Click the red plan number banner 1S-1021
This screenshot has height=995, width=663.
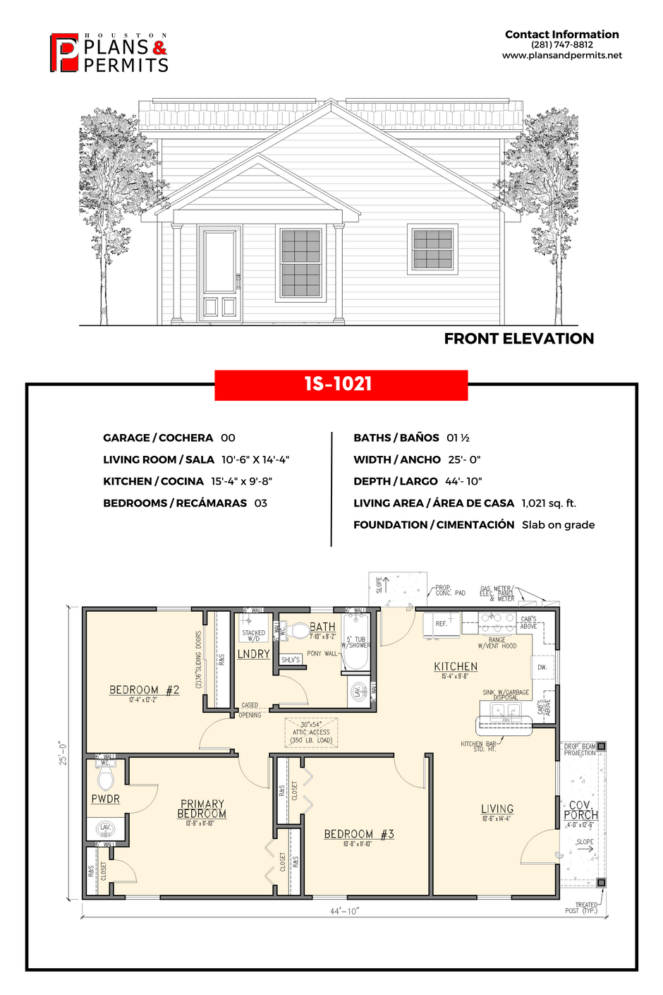coord(341,385)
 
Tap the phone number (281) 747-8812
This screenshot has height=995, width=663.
coord(561,44)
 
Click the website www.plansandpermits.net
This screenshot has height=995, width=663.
coord(561,55)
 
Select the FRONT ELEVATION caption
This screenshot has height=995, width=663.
coord(518,339)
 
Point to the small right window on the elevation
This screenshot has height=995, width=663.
coord(432,249)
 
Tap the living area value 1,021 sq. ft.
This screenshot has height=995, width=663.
coord(549,503)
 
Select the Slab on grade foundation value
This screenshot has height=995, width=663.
coord(558,525)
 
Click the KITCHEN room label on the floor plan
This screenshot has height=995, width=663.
coord(456,667)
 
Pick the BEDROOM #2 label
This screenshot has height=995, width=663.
coord(144,690)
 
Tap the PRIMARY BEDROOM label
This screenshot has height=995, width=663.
coord(202,809)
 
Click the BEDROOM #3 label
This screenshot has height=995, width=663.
coord(358,834)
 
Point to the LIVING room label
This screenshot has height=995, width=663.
coord(497,809)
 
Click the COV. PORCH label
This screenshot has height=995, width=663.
coord(580,809)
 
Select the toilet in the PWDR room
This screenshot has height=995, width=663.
coord(106,778)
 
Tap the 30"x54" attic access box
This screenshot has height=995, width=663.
coord(311,732)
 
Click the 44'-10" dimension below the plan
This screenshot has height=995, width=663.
coord(344,911)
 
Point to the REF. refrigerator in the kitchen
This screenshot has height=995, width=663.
coord(442,625)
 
